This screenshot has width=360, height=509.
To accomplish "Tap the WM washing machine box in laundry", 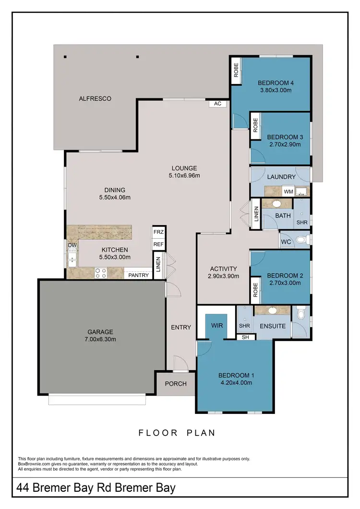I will click(288, 192).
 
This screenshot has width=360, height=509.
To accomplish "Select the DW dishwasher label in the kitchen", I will click(72, 245).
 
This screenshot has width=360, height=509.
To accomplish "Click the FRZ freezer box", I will click(158, 231).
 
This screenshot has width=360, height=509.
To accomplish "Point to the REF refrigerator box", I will click(158, 244).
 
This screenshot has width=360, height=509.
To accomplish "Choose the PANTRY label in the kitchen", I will click(138, 275).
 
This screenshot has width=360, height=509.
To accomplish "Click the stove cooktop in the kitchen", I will click(101, 273).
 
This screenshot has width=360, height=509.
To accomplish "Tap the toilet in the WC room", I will click(301, 240).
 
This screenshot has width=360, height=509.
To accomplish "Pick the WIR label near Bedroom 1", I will click(217, 326).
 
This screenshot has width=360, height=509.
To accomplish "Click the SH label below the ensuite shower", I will click(245, 337).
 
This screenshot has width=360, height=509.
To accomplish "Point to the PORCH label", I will click(176, 384).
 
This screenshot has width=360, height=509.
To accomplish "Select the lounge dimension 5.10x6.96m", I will click(184, 175).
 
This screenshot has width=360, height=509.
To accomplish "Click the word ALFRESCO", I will click(95, 99).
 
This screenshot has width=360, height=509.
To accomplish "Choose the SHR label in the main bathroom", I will click(302, 222).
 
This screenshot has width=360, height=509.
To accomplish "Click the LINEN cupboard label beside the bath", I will click(257, 217).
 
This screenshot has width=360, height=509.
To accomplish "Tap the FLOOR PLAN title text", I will click(177, 433).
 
